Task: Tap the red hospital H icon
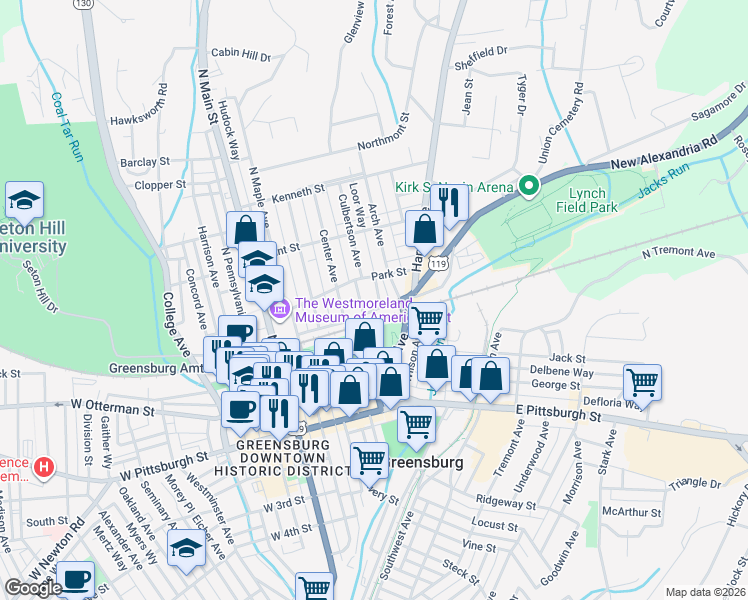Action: pos(42,466)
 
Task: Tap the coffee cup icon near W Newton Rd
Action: pos(75,578)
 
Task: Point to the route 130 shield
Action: pos(84,4)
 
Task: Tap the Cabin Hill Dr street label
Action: pos(240,55)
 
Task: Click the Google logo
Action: pos(33,588)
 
